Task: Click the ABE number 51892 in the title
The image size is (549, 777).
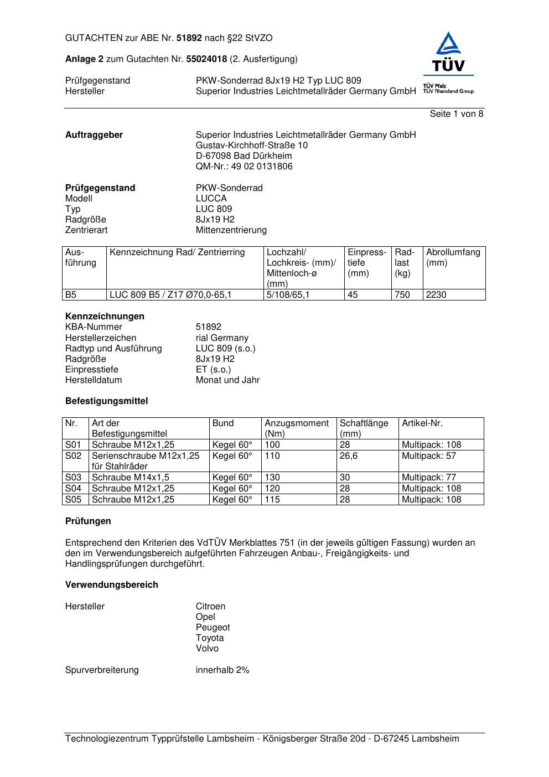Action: pyautogui.click(x=189, y=38)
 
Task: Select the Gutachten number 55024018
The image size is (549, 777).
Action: pyautogui.click(x=206, y=59)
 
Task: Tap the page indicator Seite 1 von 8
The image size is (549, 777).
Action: pyautogui.click(x=456, y=114)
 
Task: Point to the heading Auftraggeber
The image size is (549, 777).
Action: pyautogui.click(x=94, y=135)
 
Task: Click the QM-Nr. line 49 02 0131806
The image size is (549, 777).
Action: pyautogui.click(x=244, y=167)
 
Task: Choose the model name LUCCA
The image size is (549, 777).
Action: pyautogui.click(x=211, y=199)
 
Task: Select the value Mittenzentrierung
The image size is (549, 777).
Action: pyautogui.click(x=231, y=230)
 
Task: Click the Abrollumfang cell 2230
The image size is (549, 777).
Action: pyautogui.click(x=436, y=295)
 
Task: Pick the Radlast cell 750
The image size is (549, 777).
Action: pyautogui.click(x=402, y=295)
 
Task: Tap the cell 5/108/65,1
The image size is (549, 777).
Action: pyautogui.click(x=288, y=295)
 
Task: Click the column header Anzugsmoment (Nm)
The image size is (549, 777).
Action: pyautogui.click(x=297, y=428)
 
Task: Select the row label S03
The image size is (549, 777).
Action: pyautogui.click(x=73, y=478)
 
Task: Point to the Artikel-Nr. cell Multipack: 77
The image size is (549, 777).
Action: pyautogui.click(x=429, y=478)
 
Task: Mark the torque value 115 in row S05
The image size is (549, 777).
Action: pyautogui.click(x=272, y=500)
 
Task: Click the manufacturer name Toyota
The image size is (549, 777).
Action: pyautogui.click(x=210, y=638)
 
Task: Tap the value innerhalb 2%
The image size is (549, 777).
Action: pyautogui.click(x=222, y=670)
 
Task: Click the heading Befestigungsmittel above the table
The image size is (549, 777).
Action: pyautogui.click(x=107, y=401)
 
